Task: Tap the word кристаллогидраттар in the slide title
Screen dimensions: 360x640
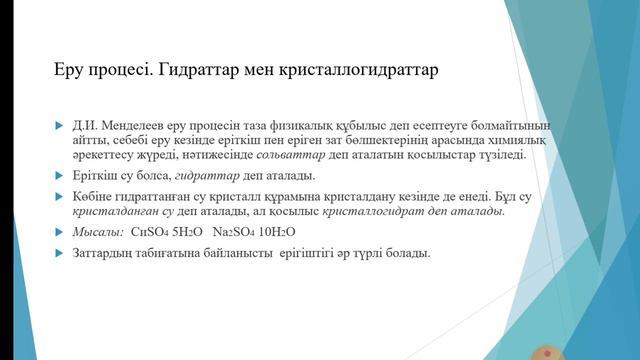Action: pyautogui.click(x=353, y=72)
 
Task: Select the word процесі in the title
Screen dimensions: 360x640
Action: pyautogui.click(x=124, y=72)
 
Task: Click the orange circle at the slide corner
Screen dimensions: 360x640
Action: pyautogui.click(x=546, y=353)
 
